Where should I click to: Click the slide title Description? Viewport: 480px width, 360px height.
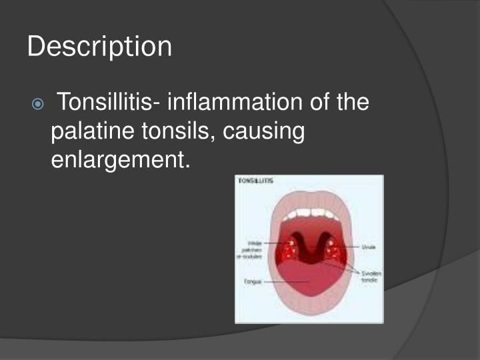(x=100, y=47)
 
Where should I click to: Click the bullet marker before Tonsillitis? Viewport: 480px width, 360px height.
(x=39, y=105)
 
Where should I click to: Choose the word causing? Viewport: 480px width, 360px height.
(x=263, y=132)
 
